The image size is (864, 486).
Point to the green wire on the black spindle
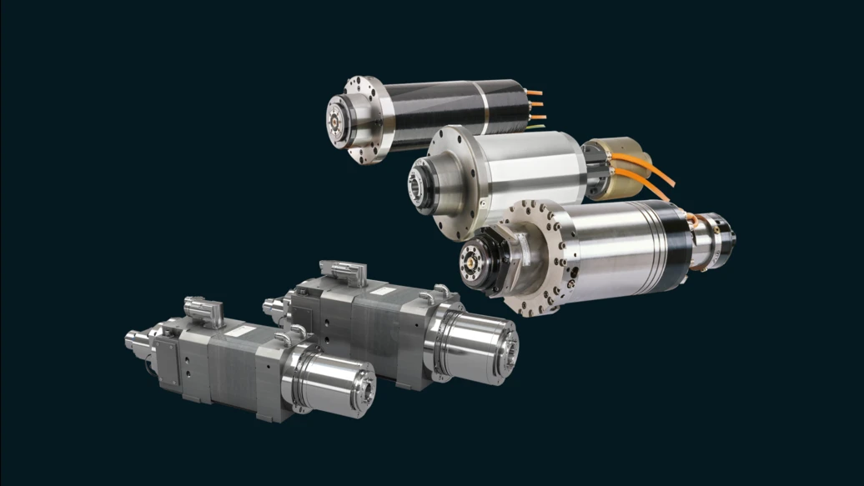coord(535,128)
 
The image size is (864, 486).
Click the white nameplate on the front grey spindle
coord(239,331)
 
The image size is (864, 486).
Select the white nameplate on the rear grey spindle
coord(382,291)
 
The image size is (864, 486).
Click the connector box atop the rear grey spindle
coord(344,273)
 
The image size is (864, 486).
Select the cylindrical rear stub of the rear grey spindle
coord(275,306)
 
